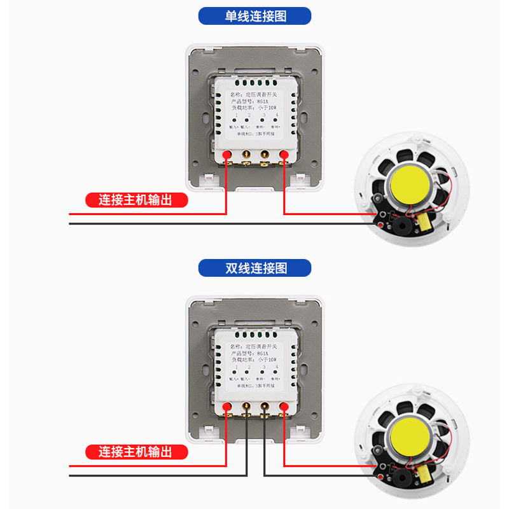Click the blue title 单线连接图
point(254,16)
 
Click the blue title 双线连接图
point(254,268)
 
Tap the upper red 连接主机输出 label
point(137,200)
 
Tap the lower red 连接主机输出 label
point(137,452)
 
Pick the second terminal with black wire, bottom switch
point(246,407)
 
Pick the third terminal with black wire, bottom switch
point(265,407)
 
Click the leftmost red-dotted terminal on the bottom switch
point(227,407)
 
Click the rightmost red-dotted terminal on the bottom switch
point(284,407)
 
